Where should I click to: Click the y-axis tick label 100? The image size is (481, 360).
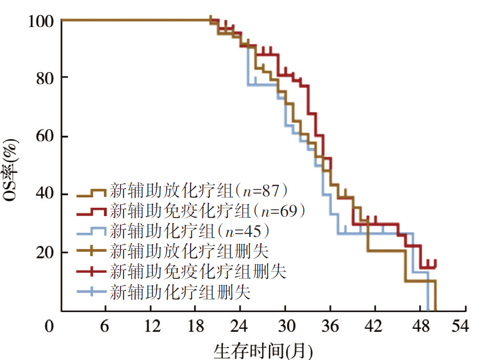click(x=40, y=21)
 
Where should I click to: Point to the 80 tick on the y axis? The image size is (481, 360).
click(x=44, y=77)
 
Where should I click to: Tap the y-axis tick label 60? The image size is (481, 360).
click(x=44, y=137)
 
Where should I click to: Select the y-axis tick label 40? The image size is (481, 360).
click(x=44, y=194)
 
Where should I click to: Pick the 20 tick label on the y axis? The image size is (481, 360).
click(x=44, y=252)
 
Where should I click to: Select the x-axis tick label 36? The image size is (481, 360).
click(x=331, y=327)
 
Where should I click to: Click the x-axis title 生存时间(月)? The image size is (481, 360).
click(x=263, y=350)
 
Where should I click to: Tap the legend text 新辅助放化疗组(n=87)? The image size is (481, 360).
click(x=199, y=191)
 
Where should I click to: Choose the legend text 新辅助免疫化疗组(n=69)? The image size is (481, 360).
click(x=207, y=211)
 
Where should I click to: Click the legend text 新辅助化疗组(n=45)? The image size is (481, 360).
click(x=191, y=231)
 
